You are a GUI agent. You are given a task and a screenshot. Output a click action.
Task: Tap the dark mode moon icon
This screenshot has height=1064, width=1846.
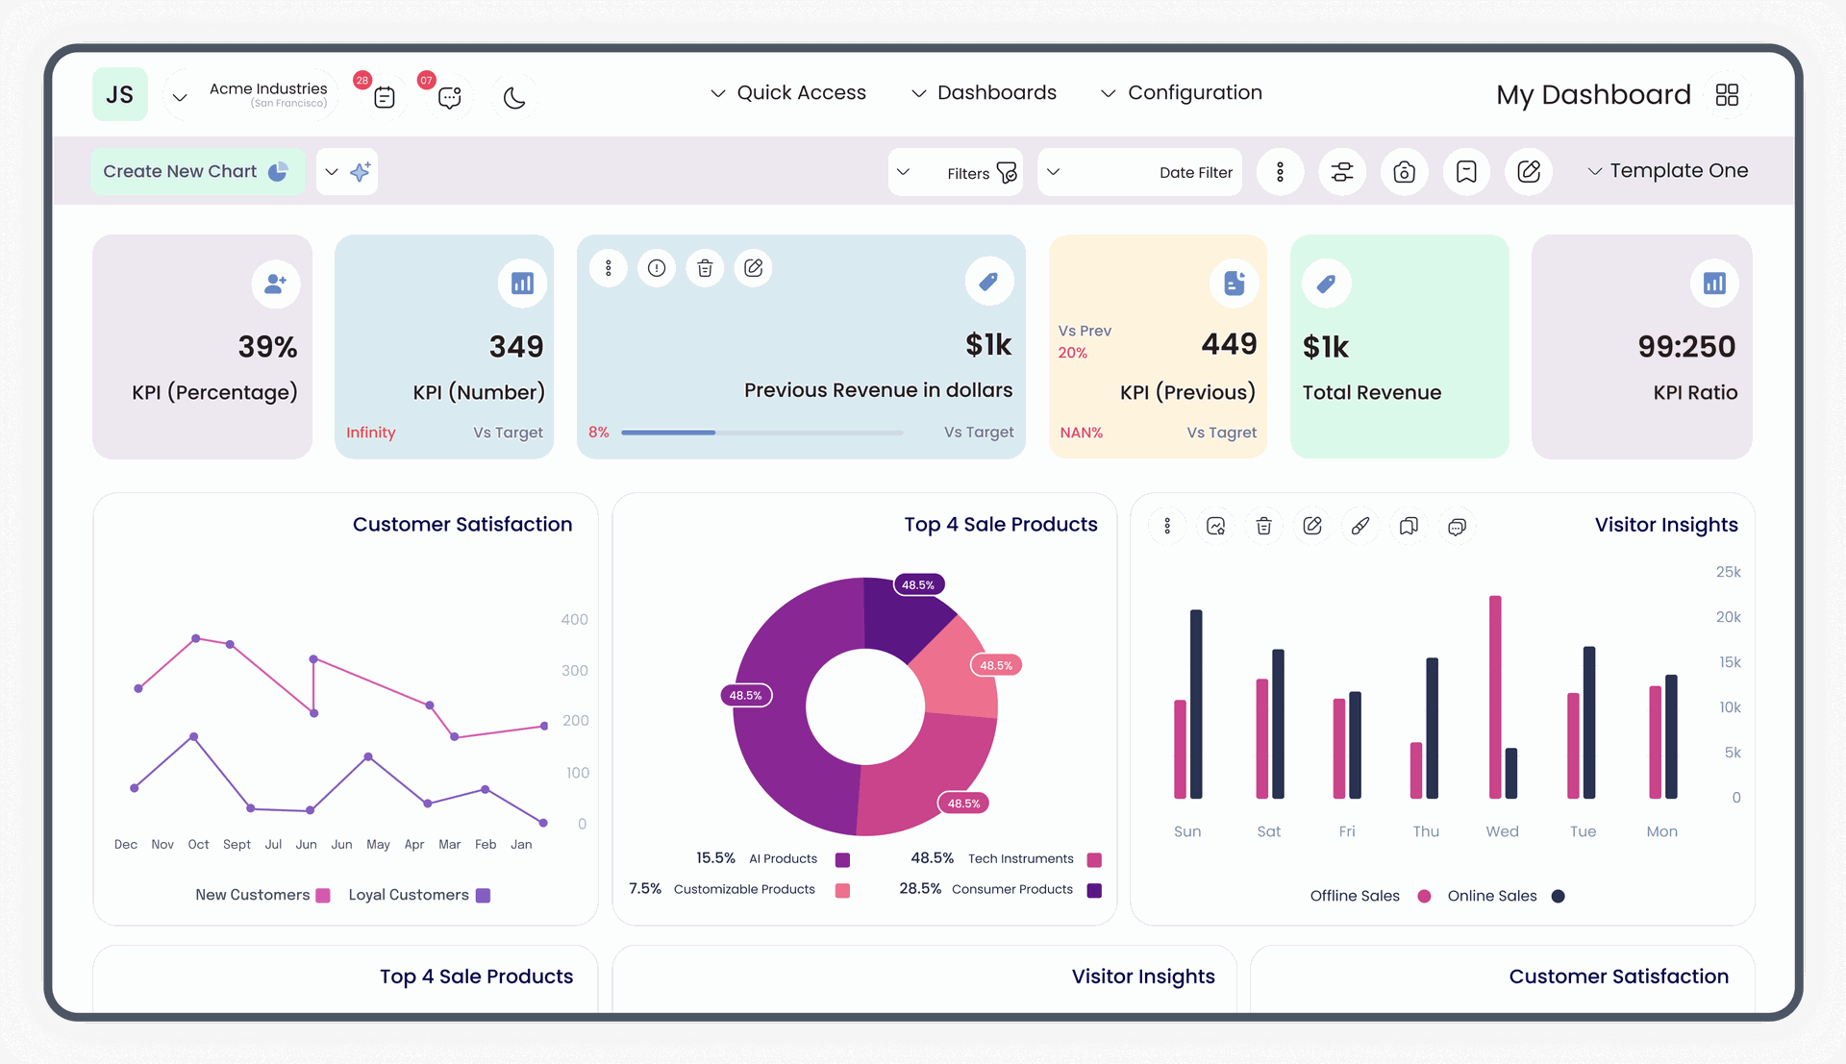pos(514,97)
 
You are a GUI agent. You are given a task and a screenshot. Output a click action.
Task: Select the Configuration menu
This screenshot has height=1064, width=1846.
pos(1182,92)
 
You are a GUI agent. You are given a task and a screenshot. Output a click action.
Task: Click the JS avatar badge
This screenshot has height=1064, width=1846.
pos(120,94)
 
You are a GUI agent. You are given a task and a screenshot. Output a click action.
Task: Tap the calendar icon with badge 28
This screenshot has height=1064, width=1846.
pos(385,97)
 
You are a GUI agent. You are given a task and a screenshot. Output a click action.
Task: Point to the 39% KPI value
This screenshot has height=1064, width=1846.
pos(267,346)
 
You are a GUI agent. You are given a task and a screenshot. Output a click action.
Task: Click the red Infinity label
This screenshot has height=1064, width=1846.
pos(371,433)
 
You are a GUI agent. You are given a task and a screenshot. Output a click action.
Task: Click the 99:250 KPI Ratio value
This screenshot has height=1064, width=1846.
pos(1686,346)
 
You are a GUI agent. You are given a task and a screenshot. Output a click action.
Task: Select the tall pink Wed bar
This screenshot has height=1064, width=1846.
pos(1495,697)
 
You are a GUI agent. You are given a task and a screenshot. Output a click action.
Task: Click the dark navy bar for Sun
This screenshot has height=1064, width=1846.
pos(1196,704)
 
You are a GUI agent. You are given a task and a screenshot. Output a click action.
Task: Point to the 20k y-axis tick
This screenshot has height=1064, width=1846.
pos(1728,617)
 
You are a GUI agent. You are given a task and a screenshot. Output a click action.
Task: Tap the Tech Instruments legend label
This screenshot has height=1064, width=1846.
pos(1020,858)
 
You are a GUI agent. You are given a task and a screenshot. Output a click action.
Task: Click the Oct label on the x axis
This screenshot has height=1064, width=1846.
pos(198,844)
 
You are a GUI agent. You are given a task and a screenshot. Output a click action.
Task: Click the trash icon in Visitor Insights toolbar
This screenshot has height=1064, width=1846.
pos(1263,526)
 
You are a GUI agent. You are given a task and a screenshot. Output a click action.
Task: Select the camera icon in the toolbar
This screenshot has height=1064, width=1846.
pos(1404,172)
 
